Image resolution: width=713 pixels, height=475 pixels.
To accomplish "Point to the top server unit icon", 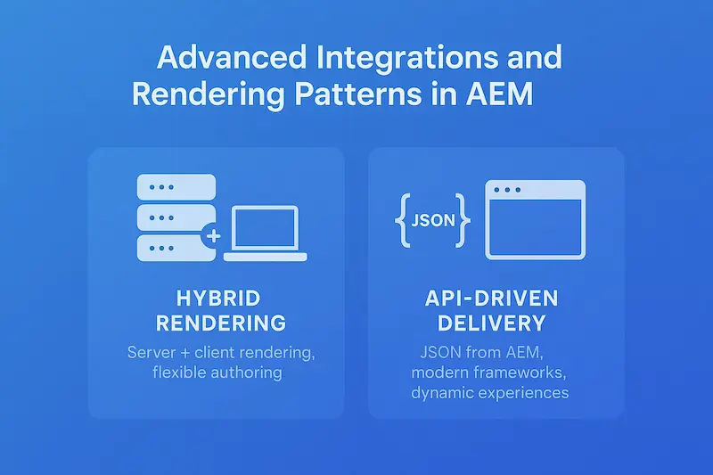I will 176,189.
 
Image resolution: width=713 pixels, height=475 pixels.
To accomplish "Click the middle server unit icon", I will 176,217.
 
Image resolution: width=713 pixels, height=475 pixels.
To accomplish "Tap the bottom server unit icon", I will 176,247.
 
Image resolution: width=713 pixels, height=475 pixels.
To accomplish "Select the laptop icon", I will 265,234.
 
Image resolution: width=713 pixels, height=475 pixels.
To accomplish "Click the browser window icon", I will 535,219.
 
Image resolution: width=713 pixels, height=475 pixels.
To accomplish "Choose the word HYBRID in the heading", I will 217,297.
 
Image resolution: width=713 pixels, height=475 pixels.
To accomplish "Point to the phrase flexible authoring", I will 217,373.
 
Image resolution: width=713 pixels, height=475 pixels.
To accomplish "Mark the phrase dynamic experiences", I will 490,392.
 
